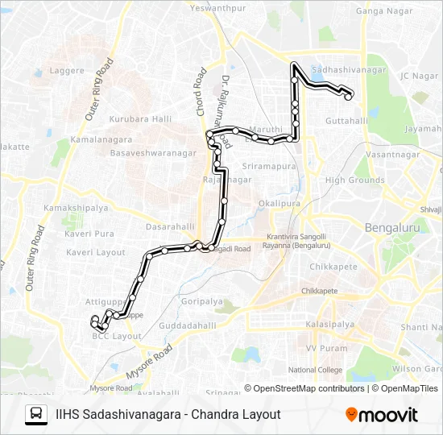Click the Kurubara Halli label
coord(141,119)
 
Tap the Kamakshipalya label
coord(77,208)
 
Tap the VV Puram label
coord(322,348)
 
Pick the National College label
coord(315,370)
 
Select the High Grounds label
coord(355,180)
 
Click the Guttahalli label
coord(348,121)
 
